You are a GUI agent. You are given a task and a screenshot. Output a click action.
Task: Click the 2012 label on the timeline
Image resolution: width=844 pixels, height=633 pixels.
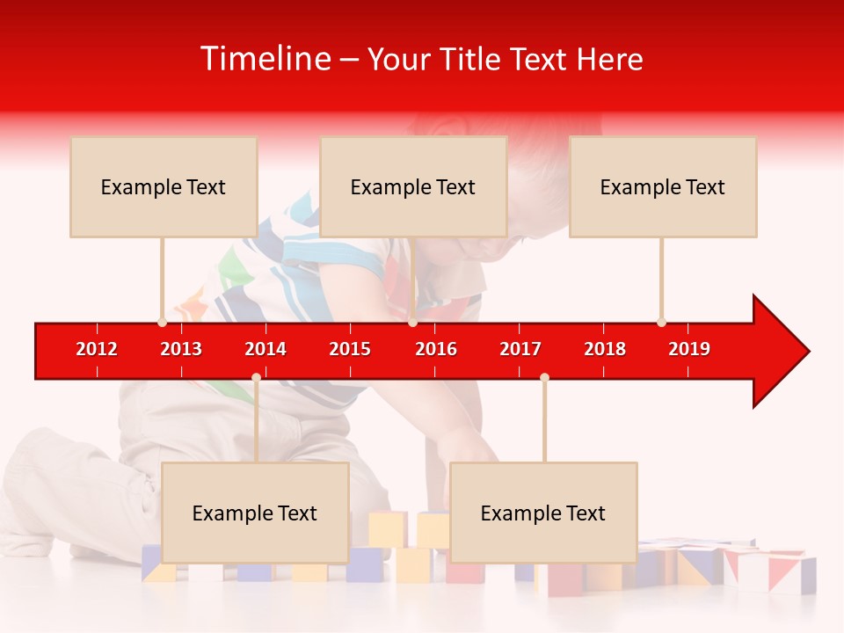pos(97,349)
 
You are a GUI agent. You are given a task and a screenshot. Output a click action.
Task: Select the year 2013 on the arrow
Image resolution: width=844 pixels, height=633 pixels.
pos(181,349)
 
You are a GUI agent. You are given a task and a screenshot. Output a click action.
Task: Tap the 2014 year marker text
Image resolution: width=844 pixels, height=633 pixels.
pos(266,349)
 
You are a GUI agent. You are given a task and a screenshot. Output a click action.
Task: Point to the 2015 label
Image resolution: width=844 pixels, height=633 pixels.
pos(350,349)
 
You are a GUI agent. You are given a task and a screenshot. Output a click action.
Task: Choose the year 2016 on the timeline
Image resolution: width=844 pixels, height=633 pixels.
pos(436,349)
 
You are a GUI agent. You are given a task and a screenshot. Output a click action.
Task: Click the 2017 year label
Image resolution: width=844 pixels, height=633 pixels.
pos(520,349)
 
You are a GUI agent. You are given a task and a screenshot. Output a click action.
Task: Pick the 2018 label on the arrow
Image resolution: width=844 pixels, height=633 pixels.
pos(605,349)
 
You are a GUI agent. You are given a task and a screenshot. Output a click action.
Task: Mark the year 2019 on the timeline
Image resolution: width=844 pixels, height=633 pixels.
pos(689,349)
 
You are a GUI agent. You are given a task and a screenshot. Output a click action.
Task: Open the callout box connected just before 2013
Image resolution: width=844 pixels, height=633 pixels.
pos(164,186)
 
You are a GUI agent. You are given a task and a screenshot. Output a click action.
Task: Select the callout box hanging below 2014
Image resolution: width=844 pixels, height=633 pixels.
pos(255,513)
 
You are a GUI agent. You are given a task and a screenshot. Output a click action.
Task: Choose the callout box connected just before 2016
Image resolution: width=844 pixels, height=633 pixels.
pos(413,186)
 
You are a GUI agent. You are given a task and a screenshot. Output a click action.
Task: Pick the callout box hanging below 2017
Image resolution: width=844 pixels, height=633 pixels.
pos(543,513)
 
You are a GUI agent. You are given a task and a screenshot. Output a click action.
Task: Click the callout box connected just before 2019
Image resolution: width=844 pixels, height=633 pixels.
pos(663,186)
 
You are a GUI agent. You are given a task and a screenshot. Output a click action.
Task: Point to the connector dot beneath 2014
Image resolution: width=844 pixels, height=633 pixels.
pos(256,377)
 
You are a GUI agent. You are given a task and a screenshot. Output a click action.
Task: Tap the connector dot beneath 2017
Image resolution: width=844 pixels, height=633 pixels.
pos(544,377)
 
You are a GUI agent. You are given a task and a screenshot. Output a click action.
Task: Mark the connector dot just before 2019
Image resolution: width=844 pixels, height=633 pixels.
pos(661,322)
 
